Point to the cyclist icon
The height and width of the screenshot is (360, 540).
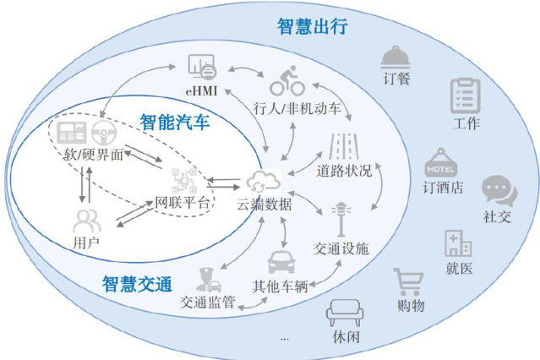click(287, 84)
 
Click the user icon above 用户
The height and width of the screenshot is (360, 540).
click(86, 222)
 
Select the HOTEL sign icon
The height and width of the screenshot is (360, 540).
click(440, 162)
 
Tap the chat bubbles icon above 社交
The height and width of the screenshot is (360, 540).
click(495, 190)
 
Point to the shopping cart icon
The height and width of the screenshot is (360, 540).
click(408, 281)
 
